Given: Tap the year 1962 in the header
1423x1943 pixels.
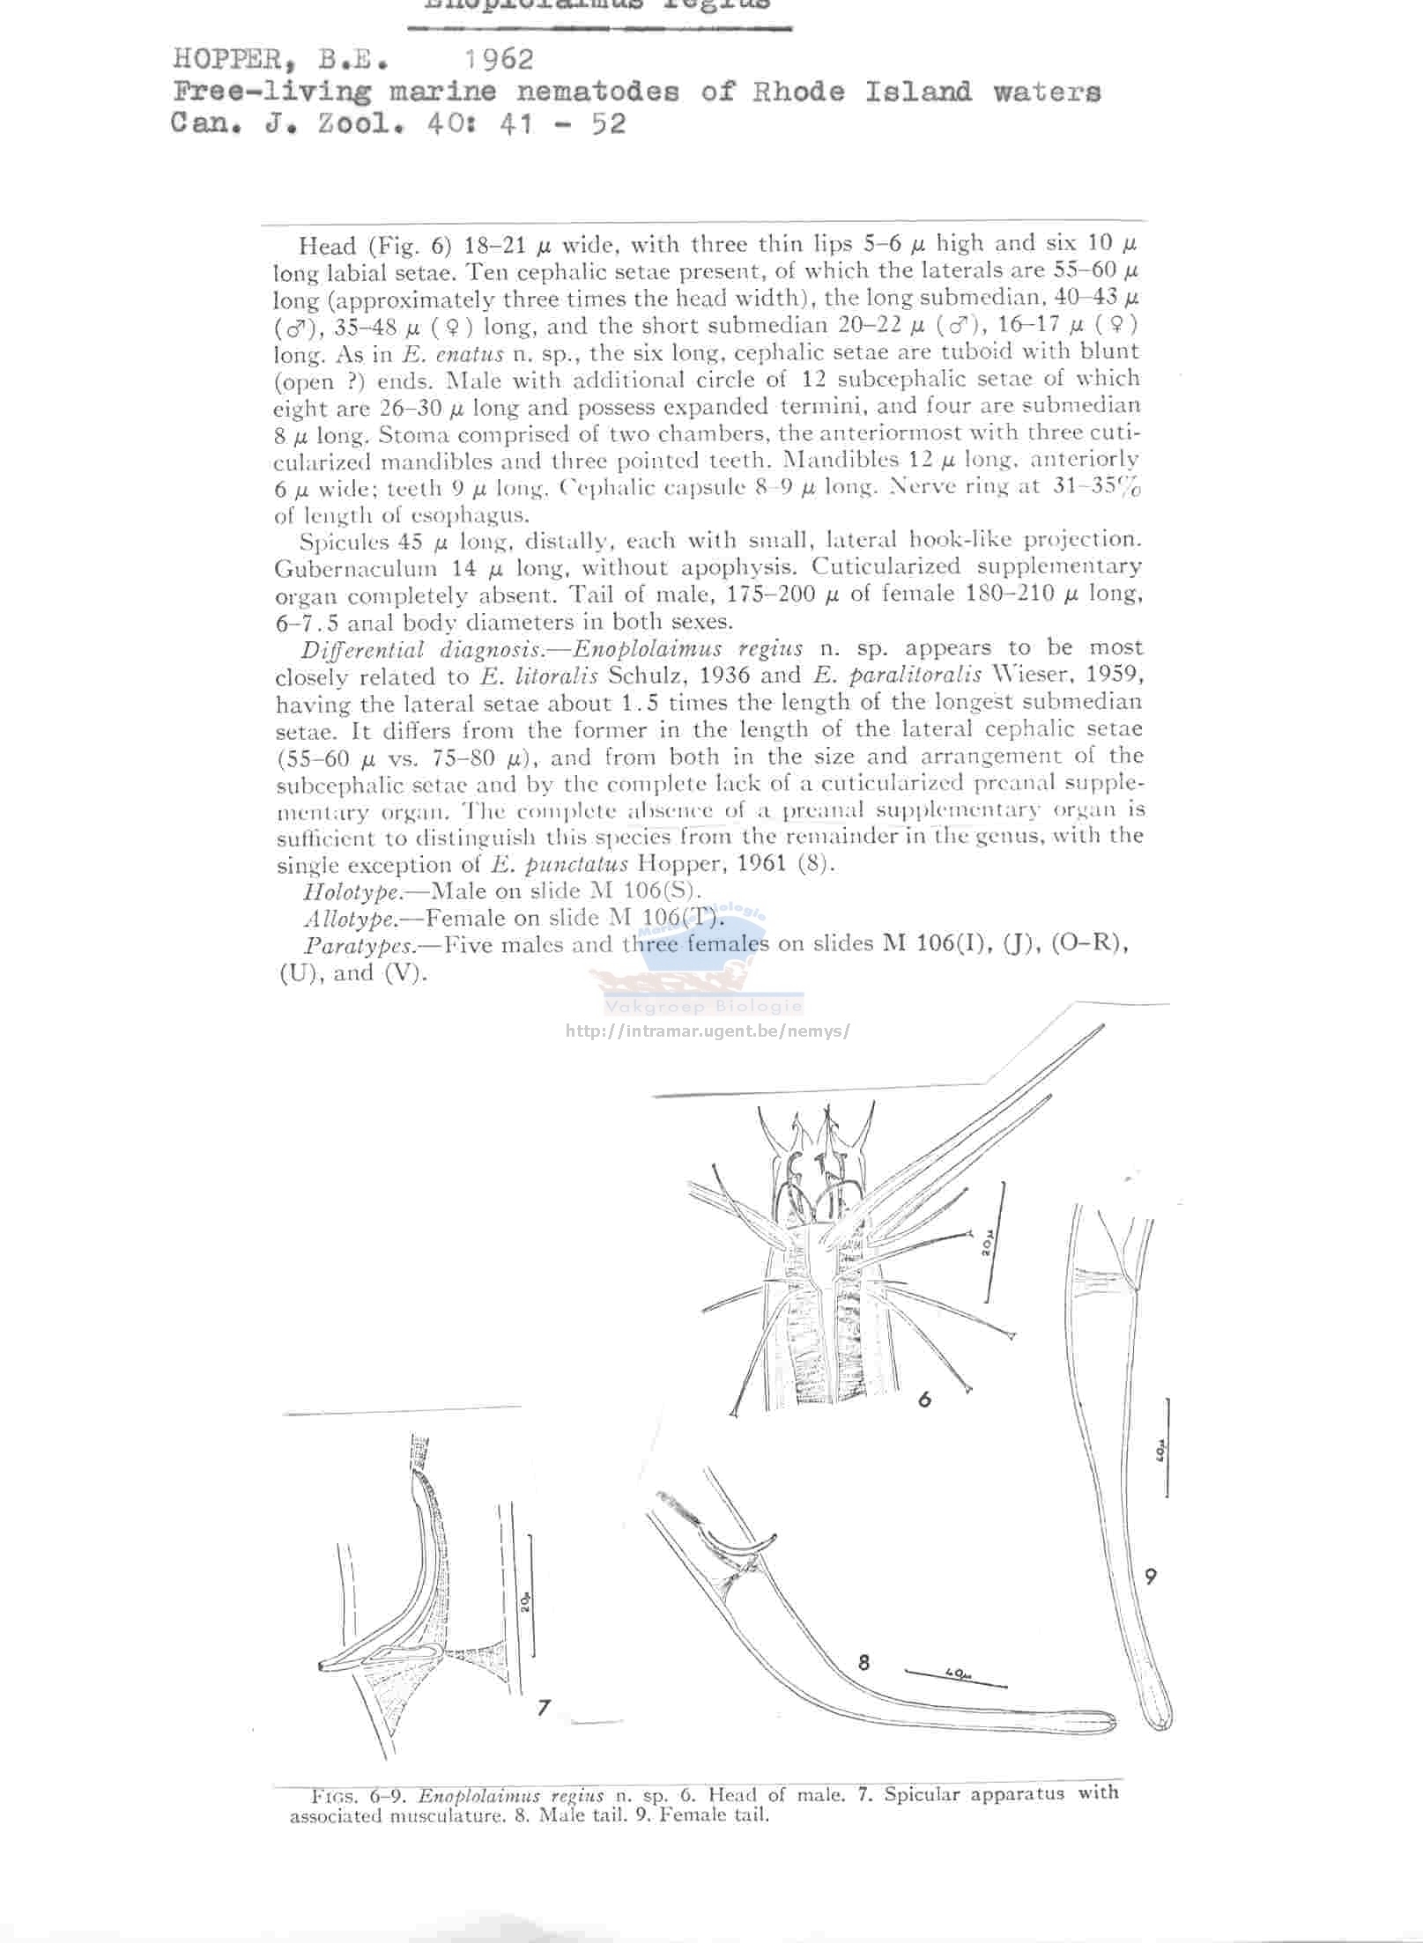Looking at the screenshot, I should pyautogui.click(x=499, y=59).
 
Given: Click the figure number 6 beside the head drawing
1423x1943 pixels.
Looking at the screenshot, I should pyautogui.click(x=924, y=1399).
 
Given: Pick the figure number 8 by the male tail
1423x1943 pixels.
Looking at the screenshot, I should pyautogui.click(x=863, y=1662).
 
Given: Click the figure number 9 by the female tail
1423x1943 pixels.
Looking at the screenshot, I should pyautogui.click(x=1151, y=1576).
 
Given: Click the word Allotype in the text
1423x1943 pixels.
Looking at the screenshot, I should pyautogui.click(x=350, y=919).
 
